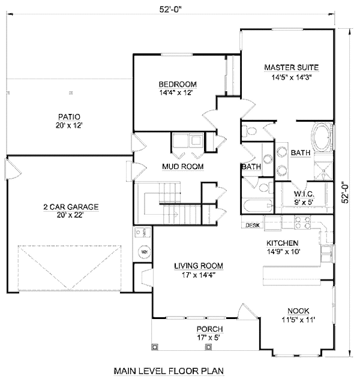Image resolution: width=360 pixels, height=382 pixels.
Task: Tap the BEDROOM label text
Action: coord(178,84)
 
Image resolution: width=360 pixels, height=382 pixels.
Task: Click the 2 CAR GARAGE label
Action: coord(70,207)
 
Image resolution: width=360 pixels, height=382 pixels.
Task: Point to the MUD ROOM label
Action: coord(182,166)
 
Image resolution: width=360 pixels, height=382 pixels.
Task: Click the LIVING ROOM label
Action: coord(199,266)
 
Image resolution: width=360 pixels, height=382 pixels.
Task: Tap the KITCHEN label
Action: coord(283,243)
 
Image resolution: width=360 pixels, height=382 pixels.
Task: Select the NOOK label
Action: coord(298,310)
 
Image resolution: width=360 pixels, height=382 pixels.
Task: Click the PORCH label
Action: coord(209,329)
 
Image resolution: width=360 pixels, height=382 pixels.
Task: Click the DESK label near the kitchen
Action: coord(252,225)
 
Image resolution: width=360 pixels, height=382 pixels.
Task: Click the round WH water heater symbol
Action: coord(143,252)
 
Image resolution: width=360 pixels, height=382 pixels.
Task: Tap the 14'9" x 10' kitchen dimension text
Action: coord(282,252)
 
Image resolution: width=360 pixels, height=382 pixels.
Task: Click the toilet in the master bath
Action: coord(251,130)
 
